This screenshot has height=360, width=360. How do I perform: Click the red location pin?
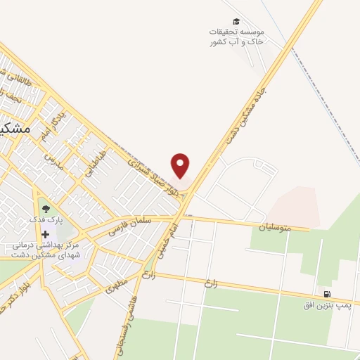181,166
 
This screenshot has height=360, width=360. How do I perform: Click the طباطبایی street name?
97,165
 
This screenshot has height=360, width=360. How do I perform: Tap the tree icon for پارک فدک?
46,209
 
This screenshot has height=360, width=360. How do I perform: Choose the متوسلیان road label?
259,228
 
